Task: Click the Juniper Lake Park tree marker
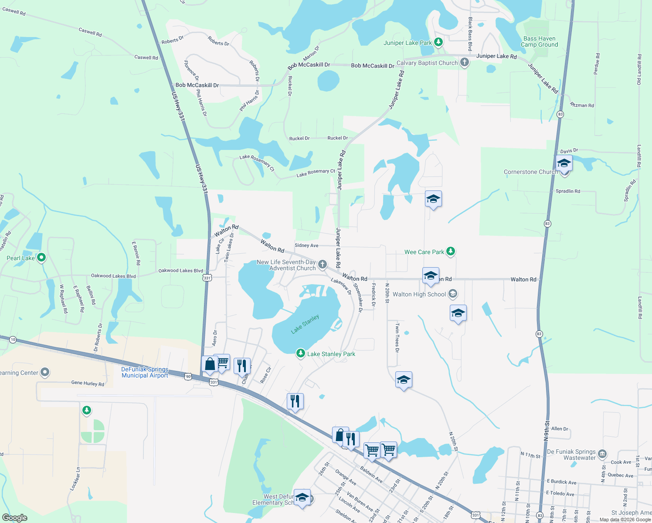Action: pyautogui.click(x=438, y=42)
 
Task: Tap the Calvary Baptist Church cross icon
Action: pyautogui.click(x=465, y=62)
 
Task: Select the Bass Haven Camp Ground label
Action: pyautogui.click(x=539, y=42)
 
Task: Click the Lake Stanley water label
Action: pyautogui.click(x=305, y=324)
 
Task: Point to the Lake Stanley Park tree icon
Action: pyautogui.click(x=300, y=353)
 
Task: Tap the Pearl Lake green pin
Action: pyautogui.click(x=41, y=258)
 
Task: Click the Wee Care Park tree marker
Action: pyautogui.click(x=451, y=251)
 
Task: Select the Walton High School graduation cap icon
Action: pyautogui.click(x=453, y=294)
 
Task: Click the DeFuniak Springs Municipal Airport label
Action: pyautogui.click(x=145, y=372)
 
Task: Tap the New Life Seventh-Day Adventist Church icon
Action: pyautogui.click(x=322, y=264)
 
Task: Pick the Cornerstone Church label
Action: pyautogui.click(x=530, y=172)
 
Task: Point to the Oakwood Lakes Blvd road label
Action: pyautogui.click(x=113, y=276)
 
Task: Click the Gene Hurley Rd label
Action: pyautogui.click(x=88, y=383)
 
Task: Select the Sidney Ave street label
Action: pyautogui.click(x=306, y=245)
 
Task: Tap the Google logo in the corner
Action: pyautogui.click(x=15, y=518)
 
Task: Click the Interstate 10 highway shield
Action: pyautogui.click(x=13, y=340)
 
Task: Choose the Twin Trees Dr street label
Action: pyautogui.click(x=397, y=338)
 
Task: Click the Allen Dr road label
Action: pyautogui.click(x=560, y=429)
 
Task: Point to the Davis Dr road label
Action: pyautogui.click(x=569, y=151)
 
